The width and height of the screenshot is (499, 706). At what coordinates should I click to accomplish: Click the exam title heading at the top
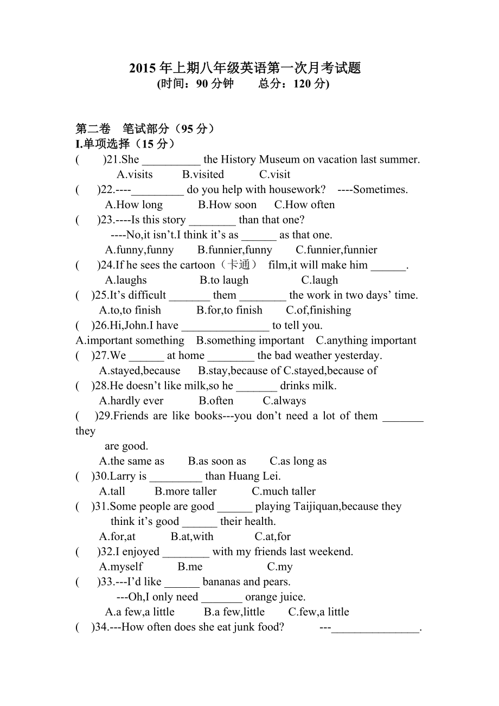pos(245,68)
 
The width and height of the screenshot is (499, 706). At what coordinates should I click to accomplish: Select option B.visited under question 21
pos(203,175)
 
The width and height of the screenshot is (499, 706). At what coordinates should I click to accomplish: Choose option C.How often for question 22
pos(304,205)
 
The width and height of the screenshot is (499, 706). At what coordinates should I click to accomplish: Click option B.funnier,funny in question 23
pos(235,250)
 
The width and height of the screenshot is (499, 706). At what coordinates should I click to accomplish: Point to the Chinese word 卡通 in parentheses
pos(239,265)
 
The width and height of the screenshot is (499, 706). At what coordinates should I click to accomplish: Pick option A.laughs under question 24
pos(126,280)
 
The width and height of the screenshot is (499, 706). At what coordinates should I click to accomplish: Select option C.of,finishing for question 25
pos(318,310)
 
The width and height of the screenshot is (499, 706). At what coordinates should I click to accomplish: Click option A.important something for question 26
pos(130,341)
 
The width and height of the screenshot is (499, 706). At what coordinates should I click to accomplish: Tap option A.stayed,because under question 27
pos(139,371)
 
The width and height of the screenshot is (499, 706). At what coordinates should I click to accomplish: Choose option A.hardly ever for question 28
pos(131,401)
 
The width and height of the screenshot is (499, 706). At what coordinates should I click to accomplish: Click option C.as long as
pos(298,461)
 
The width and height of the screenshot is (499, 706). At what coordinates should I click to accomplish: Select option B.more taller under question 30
pos(185,492)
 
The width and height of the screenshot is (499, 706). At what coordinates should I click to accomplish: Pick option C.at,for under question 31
pos(273,537)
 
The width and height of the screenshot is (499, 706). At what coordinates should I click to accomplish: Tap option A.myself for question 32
pos(121,567)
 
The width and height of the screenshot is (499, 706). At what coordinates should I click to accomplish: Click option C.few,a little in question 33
pos(318,612)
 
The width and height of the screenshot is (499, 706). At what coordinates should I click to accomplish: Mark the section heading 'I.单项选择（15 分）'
pos(126,144)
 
